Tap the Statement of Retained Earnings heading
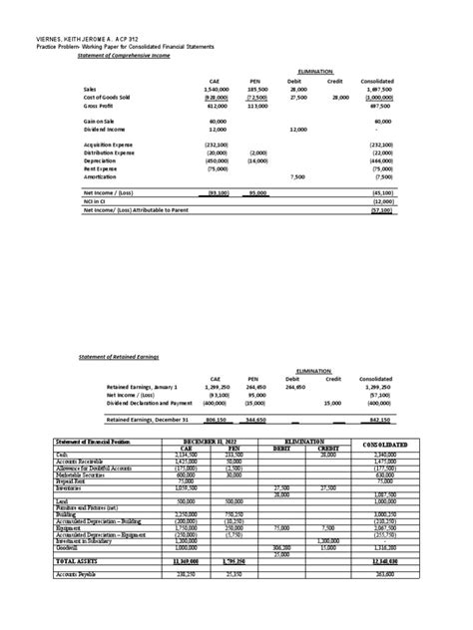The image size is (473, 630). (x=119, y=355)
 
